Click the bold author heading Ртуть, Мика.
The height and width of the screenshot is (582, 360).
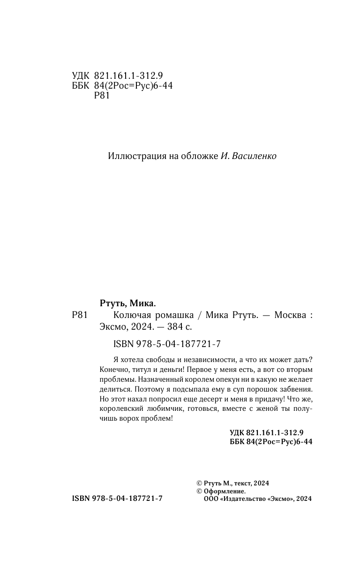[x=127, y=302]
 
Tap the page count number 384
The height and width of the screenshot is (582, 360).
[x=166, y=327]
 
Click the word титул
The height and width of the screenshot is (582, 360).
[x=135, y=369]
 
